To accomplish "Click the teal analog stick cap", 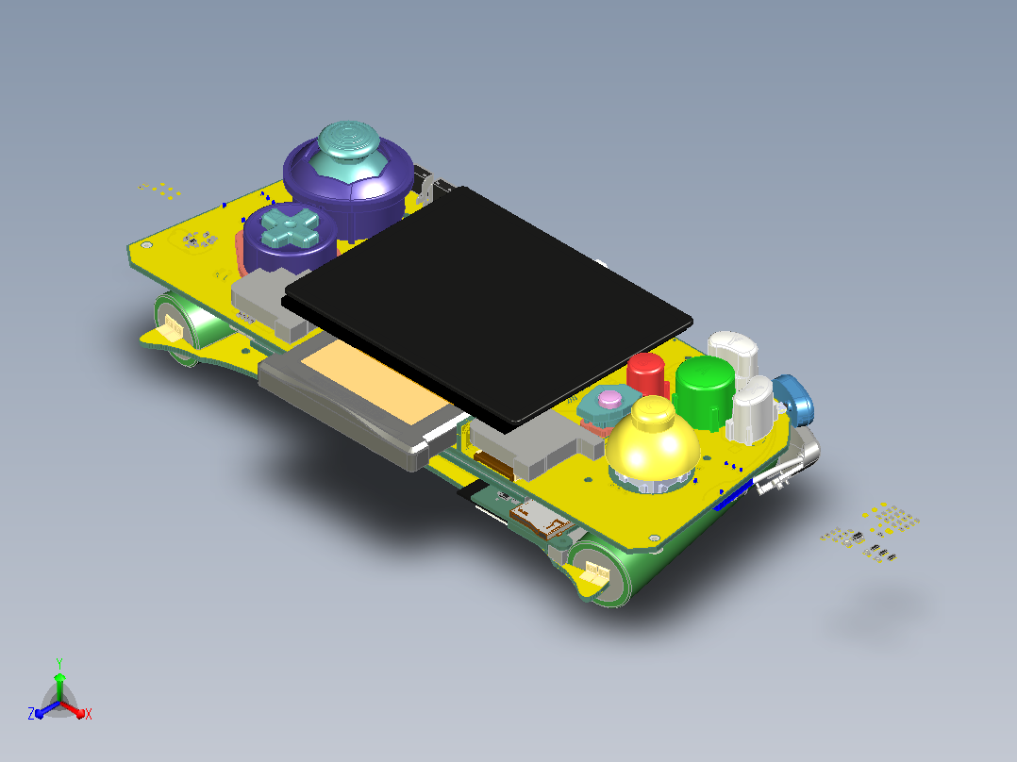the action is point(348,151).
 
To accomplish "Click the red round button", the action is point(645,374).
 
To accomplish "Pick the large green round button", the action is point(705,391).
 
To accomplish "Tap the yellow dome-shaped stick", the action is point(653,442).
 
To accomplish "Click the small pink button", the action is point(609,399).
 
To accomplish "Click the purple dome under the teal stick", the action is point(349,174).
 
